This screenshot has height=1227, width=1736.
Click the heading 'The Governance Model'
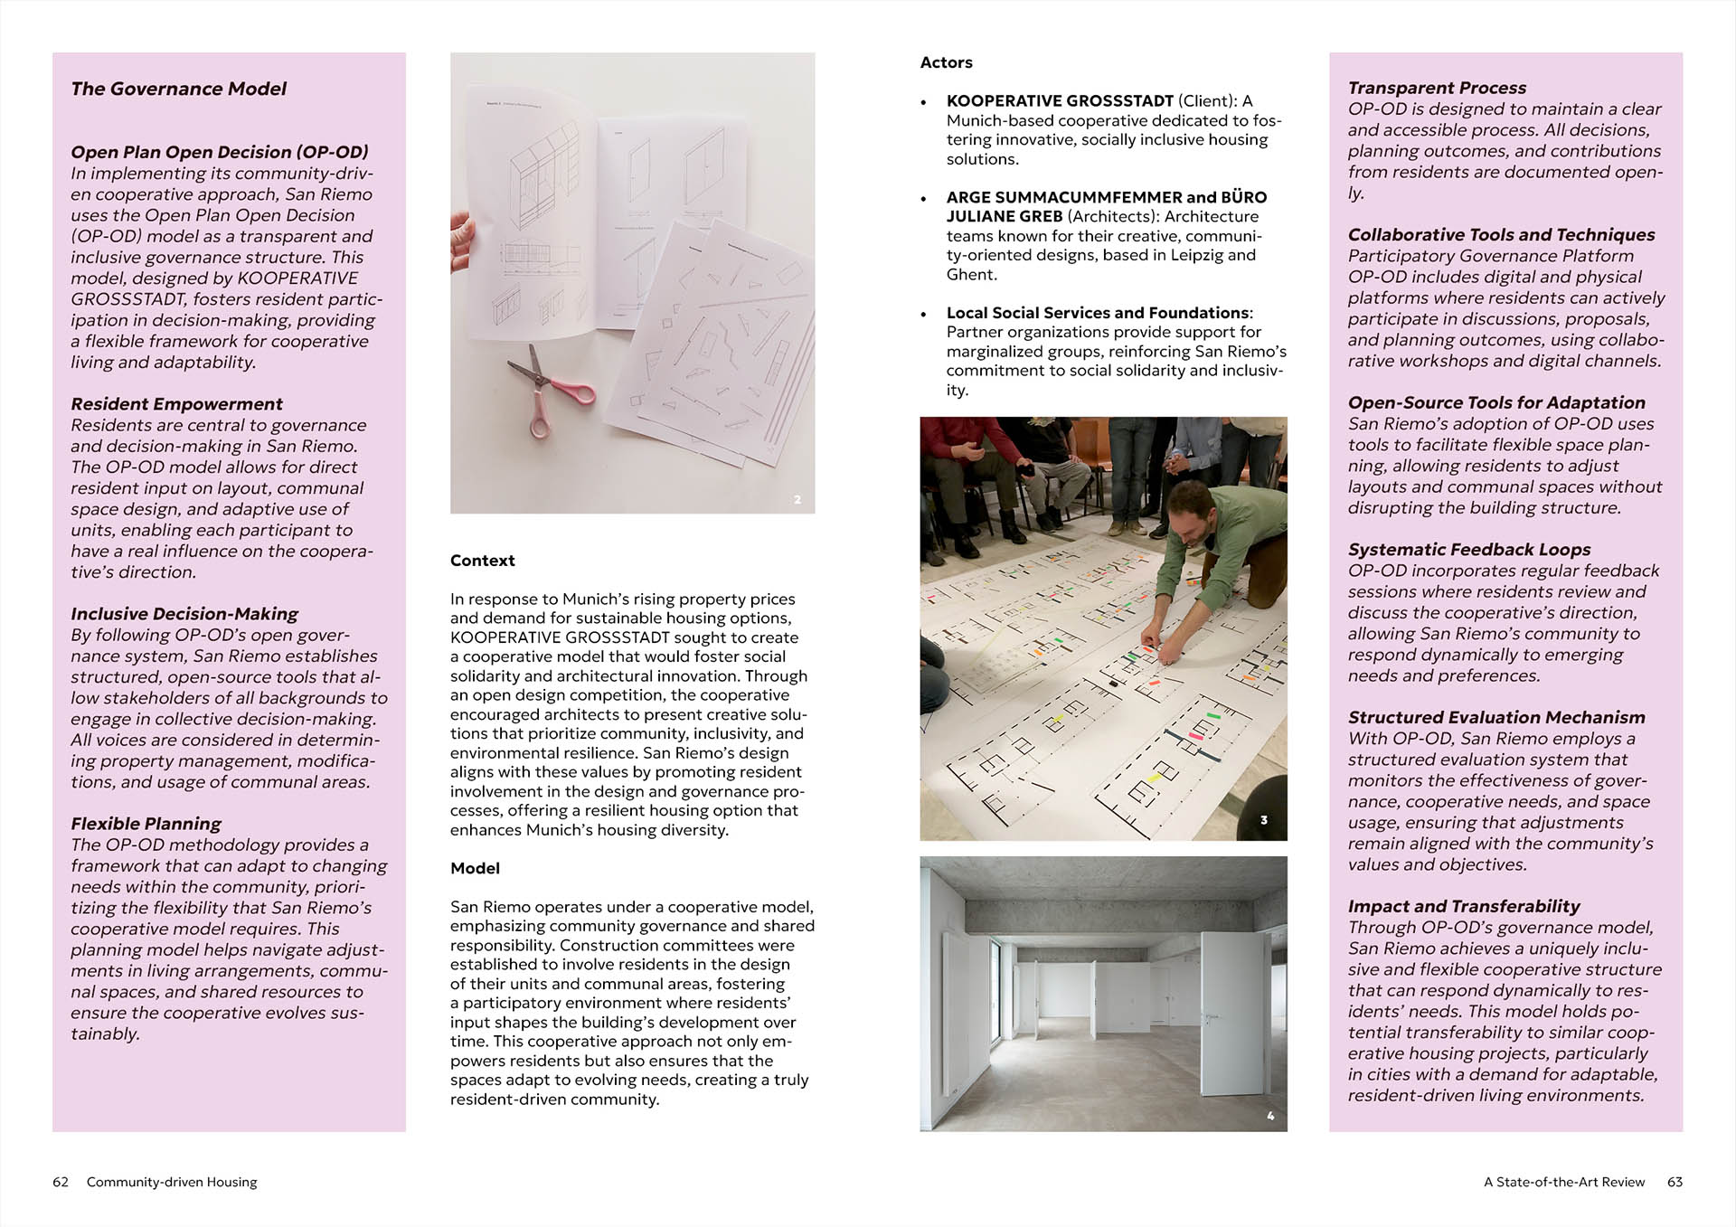pyautogui.click(x=178, y=89)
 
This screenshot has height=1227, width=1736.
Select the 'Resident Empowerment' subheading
pyautogui.click(x=176, y=404)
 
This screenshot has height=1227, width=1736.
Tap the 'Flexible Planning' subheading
pyautogui.click(x=146, y=824)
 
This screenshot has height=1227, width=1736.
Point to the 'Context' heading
pyautogui.click(x=482, y=561)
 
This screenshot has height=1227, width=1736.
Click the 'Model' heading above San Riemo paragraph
pyautogui.click(x=475, y=868)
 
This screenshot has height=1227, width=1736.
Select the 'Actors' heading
pyautogui.click(x=946, y=62)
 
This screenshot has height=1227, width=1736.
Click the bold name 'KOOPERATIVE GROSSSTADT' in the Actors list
pyautogui.click(x=1059, y=101)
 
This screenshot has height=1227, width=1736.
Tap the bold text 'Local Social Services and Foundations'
pyautogui.click(x=1098, y=313)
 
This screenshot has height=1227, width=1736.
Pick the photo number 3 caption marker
pyautogui.click(x=1264, y=820)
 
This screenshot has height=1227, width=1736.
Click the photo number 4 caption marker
pyautogui.click(x=1270, y=1116)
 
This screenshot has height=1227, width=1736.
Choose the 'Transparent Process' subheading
pyautogui.click(x=1437, y=88)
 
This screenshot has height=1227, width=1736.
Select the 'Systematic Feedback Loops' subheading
pyautogui.click(x=1469, y=550)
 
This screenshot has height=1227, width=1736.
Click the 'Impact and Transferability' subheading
pyautogui.click(x=1464, y=906)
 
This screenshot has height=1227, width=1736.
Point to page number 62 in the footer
pyautogui.click(x=61, y=1182)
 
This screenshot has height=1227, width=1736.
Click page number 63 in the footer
pyautogui.click(x=1675, y=1182)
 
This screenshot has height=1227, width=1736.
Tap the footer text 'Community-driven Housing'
pyautogui.click(x=172, y=1182)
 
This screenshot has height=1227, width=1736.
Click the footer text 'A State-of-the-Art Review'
pyautogui.click(x=1564, y=1182)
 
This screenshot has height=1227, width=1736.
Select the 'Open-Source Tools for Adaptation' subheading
pyautogui.click(x=1496, y=402)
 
